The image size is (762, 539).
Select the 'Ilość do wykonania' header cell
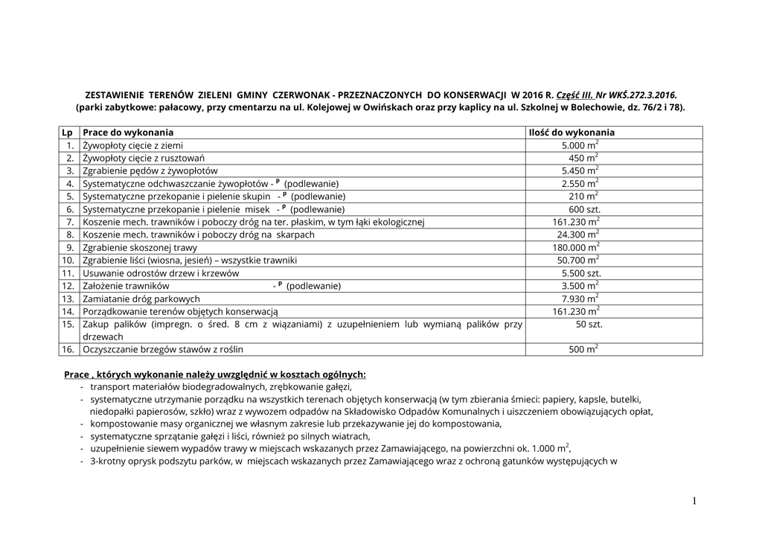point(571,133)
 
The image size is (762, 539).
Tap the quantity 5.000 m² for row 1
point(580,146)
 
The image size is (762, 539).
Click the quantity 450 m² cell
point(583,159)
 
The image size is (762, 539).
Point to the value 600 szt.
point(584,209)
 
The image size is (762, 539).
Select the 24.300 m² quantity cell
point(577,235)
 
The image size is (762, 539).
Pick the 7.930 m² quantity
point(580,299)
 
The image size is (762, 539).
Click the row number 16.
point(68,348)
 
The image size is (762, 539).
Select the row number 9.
point(70,247)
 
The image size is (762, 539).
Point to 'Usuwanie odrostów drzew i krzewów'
point(161,273)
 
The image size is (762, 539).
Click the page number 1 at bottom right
point(694,502)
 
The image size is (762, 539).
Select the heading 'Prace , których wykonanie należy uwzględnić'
point(216,374)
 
